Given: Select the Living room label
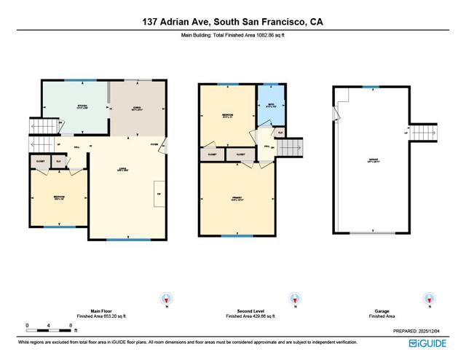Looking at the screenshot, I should (x=123, y=171).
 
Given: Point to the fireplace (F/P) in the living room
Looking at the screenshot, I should (x=159, y=195).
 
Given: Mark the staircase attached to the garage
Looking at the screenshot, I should (x=424, y=134).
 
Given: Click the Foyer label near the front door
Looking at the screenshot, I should (x=154, y=144).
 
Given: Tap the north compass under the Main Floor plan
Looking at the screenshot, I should (x=168, y=299).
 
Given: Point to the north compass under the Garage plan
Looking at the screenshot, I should (x=426, y=299).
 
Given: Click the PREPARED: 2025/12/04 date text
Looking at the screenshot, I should (x=428, y=332).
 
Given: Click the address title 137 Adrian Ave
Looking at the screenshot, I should (x=233, y=22).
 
